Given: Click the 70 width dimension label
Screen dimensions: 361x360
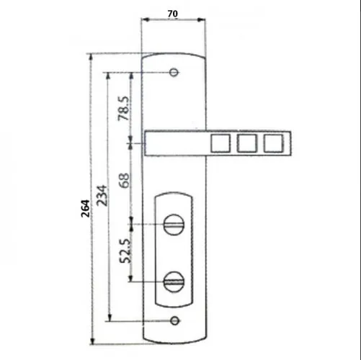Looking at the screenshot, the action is coord(173,14).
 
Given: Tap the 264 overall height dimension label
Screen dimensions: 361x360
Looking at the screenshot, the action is coord(86,208).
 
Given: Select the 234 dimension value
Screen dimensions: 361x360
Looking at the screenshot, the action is coord(102,195).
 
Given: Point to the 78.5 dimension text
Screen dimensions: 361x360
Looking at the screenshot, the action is coord(123,108).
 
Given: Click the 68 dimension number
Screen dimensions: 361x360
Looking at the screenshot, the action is coord(125,180).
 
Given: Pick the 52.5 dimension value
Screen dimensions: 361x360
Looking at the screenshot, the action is coord(125,251).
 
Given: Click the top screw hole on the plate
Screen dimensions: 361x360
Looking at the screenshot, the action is coord(174,72).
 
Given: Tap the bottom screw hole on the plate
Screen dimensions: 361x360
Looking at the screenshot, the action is coord(174,320).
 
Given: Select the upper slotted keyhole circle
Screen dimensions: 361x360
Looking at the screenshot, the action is coord(174,225).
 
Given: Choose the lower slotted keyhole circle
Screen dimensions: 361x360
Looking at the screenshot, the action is coord(174,282).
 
